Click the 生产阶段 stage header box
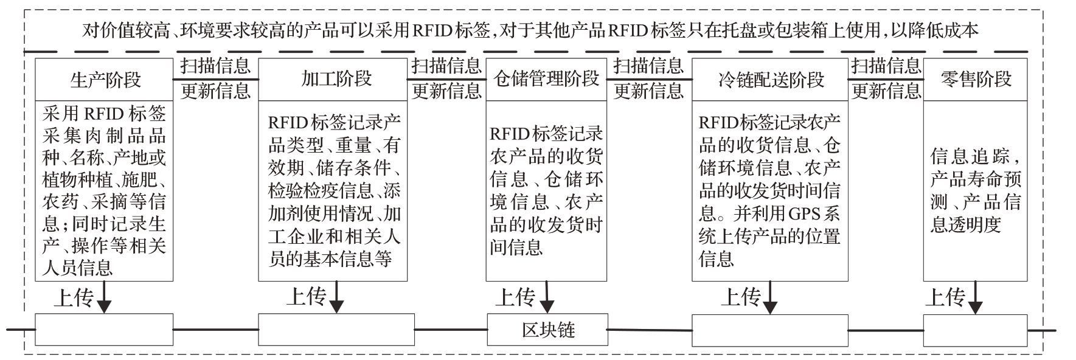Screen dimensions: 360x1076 tap(104, 80)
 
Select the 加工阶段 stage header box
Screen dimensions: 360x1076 tap(333, 80)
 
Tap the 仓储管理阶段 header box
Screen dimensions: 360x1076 tap(546, 80)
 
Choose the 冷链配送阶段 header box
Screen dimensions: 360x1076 tap(769, 80)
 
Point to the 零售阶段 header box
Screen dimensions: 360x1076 tap(975, 80)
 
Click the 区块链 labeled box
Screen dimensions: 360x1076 tap(547, 330)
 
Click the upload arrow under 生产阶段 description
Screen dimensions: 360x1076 tap(105, 297)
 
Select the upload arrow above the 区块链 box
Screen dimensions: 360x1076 tap(547, 297)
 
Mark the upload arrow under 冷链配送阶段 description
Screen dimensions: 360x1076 tap(771, 297)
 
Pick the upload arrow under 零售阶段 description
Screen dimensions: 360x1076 tap(975, 297)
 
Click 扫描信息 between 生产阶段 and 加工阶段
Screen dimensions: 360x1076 tap(215, 66)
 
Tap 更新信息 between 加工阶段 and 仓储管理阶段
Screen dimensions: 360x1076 tap(446, 91)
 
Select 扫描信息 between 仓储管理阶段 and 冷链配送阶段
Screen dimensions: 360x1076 tap(648, 66)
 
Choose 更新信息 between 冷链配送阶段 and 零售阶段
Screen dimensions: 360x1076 tap(886, 91)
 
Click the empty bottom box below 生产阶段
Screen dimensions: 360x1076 tap(104, 330)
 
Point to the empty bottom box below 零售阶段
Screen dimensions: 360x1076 tap(975, 330)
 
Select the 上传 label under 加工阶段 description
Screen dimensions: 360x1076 tap(305, 297)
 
